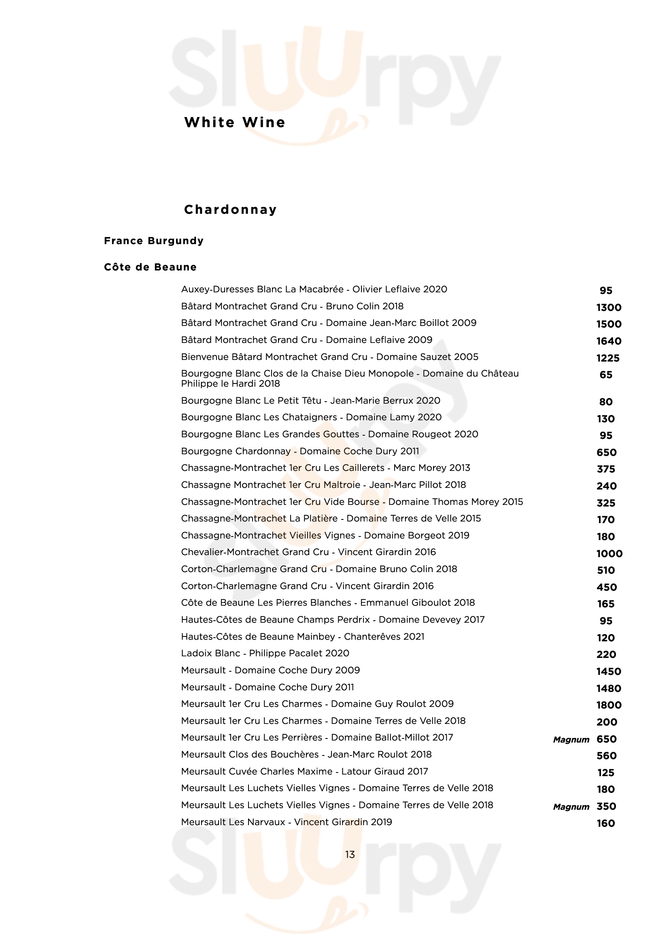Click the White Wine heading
[235, 123]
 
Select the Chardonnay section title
[230, 210]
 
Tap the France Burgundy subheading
[154, 241]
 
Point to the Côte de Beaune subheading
[150, 267]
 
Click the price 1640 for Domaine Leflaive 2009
[608, 341]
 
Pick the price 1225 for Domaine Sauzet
[607, 358]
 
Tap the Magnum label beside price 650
[571, 740]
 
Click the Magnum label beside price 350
[571, 807]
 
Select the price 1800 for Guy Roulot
[608, 705]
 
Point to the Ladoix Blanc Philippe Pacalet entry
[265, 653]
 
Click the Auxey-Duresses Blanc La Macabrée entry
[314, 289]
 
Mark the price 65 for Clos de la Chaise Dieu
[605, 375]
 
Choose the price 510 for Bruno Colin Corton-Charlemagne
[605, 570]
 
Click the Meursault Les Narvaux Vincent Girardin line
[287, 822]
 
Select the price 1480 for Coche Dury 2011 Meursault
[608, 688]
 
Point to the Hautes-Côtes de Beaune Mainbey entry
[303, 637]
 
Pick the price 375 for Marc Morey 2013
[605, 469]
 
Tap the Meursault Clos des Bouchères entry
[306, 754]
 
